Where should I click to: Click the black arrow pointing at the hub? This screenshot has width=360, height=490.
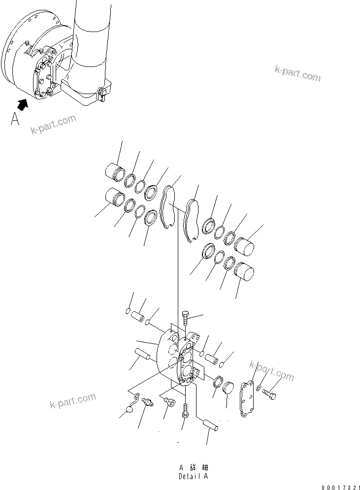(x=22, y=103)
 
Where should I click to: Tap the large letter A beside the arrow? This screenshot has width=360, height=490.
(x=16, y=119)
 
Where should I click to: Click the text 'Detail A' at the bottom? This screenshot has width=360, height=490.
(x=194, y=476)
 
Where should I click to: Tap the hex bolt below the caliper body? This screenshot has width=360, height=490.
(x=185, y=410)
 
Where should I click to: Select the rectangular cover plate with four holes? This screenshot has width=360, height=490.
(x=246, y=400)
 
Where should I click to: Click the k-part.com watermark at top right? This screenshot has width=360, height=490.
(x=297, y=73)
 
